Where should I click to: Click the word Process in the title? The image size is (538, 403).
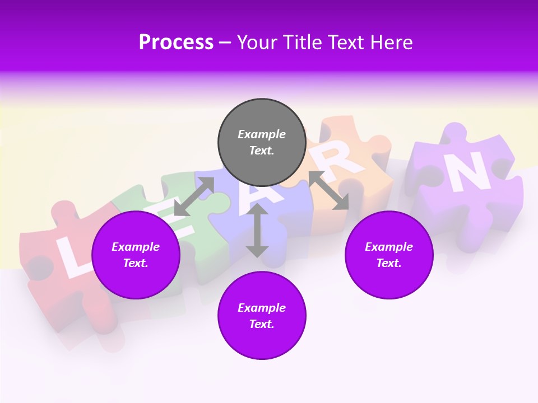(176, 43)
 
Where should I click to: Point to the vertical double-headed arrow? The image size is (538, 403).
(257, 231)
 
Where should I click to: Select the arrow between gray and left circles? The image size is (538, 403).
(194, 196)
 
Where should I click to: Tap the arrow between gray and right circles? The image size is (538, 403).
(328, 190)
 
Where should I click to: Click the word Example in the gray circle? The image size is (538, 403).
(262, 134)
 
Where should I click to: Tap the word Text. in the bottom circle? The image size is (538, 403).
(262, 324)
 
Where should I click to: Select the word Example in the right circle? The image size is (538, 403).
(389, 247)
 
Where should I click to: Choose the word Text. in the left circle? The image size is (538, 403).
(136, 263)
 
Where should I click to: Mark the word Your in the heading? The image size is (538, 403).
(258, 43)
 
